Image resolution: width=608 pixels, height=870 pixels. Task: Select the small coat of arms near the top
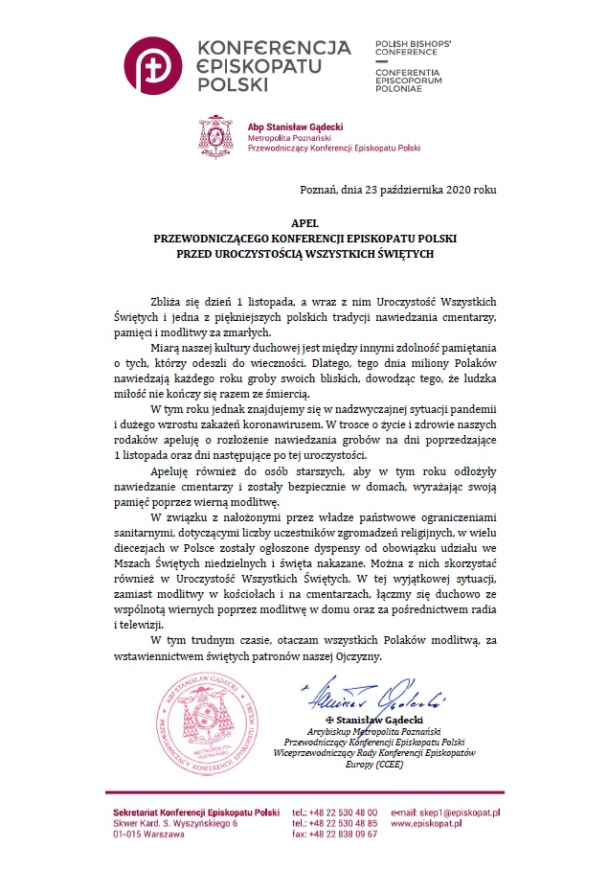coord(216,136)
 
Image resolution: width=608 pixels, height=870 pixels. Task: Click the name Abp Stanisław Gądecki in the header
coord(298,126)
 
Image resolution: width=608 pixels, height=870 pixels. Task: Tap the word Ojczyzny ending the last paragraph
coord(356,656)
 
